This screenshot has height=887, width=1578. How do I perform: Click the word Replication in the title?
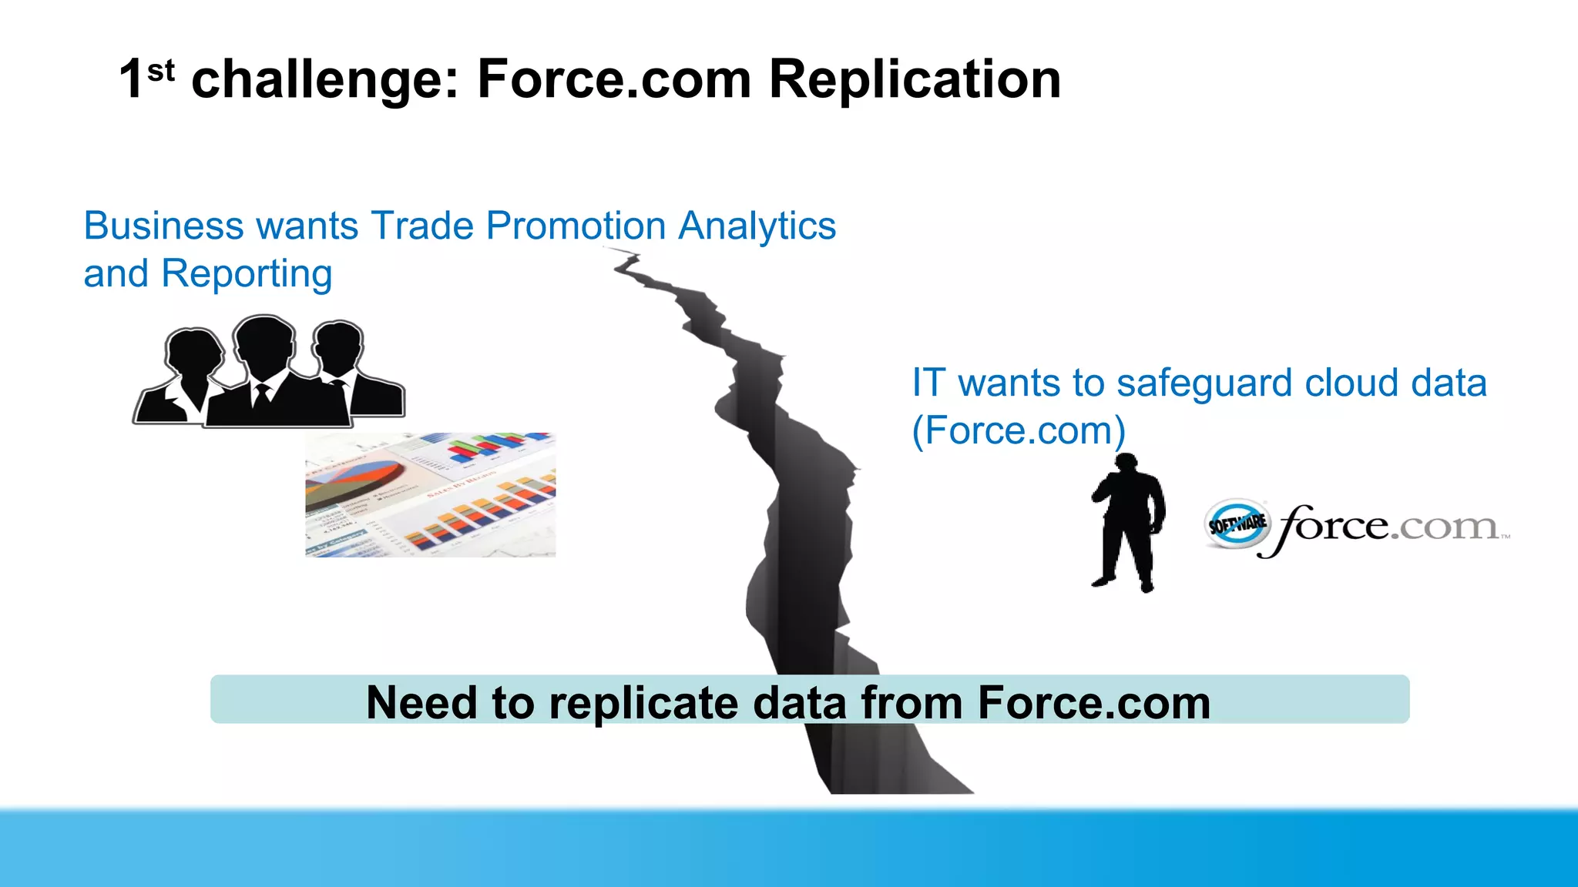915,79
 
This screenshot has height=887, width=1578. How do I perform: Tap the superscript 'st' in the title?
160,72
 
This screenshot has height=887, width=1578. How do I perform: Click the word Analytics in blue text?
757,226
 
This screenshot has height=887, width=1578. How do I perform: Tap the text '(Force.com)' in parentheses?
1018,430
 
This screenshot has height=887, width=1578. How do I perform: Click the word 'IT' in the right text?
928,383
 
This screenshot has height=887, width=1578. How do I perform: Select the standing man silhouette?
1127,524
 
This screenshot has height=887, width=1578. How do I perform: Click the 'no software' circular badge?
1236,524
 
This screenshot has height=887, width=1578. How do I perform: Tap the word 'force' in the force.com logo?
1333,527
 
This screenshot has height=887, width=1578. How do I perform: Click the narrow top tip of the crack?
626,257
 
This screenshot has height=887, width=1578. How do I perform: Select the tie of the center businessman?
262,396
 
